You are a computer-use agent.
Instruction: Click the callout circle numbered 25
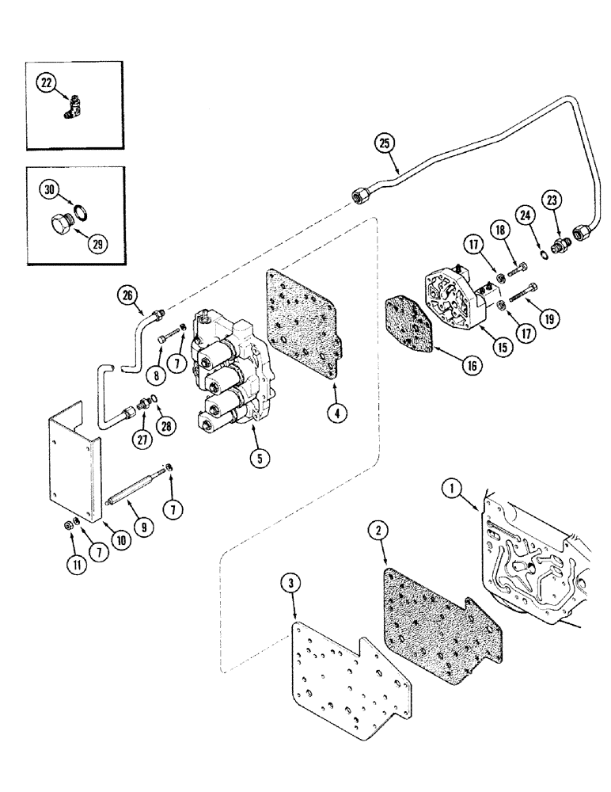(385, 143)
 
